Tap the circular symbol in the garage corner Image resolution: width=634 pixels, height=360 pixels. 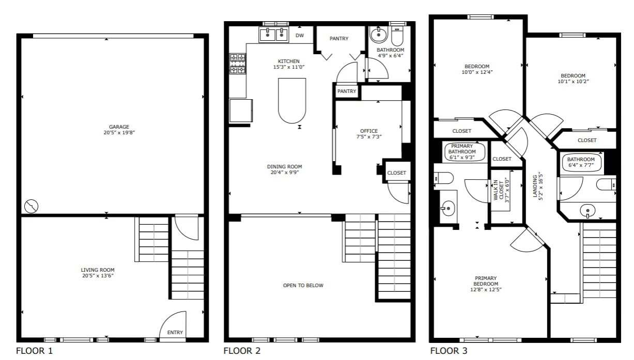click(x=32, y=206)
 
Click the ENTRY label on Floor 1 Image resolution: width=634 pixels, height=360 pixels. click(x=175, y=332)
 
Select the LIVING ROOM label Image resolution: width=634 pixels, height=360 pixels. click(x=98, y=270)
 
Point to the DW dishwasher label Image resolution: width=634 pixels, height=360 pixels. click(x=300, y=36)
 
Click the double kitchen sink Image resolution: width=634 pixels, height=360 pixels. click(x=274, y=35)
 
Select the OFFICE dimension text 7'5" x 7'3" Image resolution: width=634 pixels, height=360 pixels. click(x=369, y=136)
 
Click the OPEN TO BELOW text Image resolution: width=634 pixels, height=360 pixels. click(x=303, y=285)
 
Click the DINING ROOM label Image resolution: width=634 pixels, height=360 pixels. click(x=284, y=166)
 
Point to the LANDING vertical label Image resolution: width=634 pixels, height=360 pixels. click(x=538, y=186)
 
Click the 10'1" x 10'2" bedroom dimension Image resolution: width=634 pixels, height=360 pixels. click(x=573, y=82)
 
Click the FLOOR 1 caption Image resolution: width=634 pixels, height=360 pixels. click(x=34, y=351)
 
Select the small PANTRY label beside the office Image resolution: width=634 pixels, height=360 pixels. click(x=347, y=91)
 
